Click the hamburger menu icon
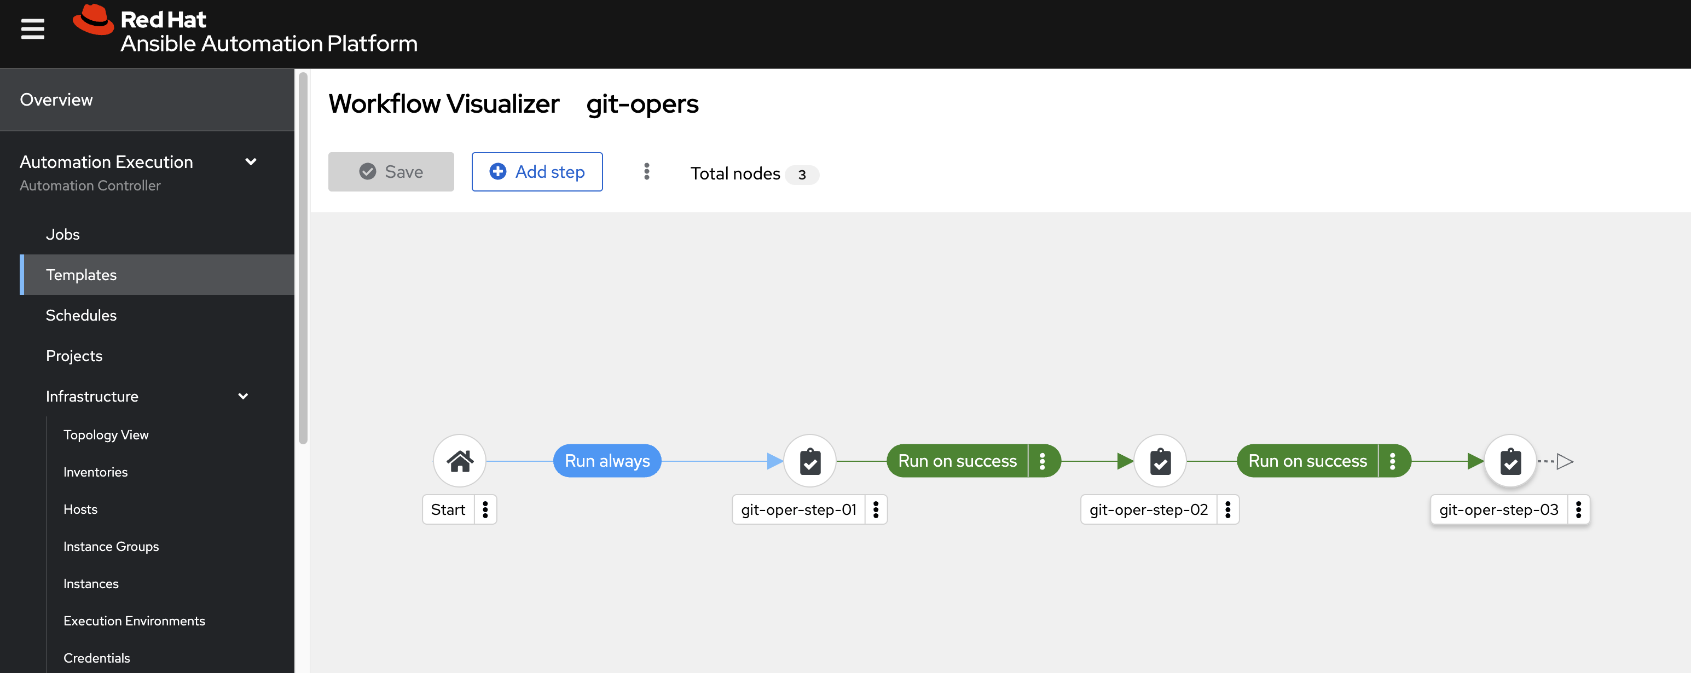point(33,29)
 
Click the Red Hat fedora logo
point(93,20)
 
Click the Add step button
point(537,172)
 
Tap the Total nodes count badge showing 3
point(802,175)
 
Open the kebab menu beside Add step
point(647,172)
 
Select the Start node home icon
point(460,461)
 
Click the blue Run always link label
point(607,461)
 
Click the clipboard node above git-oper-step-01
point(810,461)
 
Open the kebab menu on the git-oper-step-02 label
point(1227,509)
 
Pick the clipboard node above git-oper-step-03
point(1510,461)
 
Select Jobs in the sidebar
point(62,234)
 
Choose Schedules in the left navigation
point(82,315)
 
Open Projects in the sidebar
point(74,356)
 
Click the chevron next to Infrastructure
point(243,396)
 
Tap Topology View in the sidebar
point(106,434)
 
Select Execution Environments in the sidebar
point(134,620)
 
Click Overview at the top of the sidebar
point(56,100)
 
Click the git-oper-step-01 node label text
point(799,509)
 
